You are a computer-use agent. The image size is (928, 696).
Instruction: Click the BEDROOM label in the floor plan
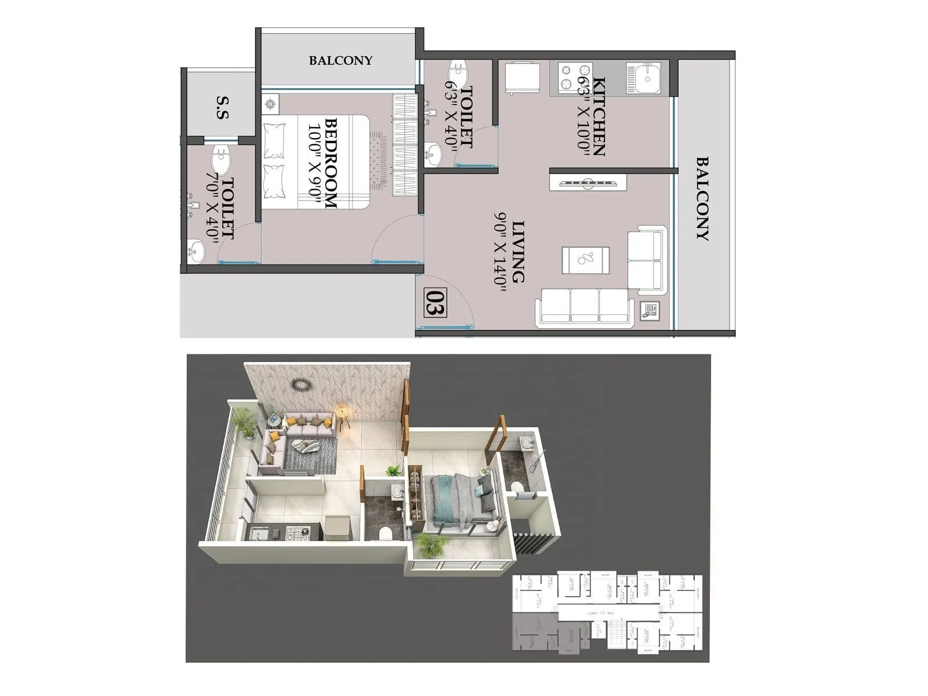tap(331, 163)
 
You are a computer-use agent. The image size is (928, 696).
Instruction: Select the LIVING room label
tap(518, 251)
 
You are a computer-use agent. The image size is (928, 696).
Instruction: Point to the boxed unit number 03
tap(435, 303)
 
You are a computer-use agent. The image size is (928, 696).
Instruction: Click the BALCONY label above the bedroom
tap(340, 60)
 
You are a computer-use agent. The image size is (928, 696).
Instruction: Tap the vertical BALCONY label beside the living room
tap(702, 198)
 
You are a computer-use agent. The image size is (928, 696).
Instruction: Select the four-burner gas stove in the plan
tap(573, 78)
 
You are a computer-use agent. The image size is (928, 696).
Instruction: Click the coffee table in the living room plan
tap(585, 260)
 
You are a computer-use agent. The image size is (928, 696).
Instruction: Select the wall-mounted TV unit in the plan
tap(588, 183)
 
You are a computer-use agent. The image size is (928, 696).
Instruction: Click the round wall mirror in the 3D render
tap(302, 384)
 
